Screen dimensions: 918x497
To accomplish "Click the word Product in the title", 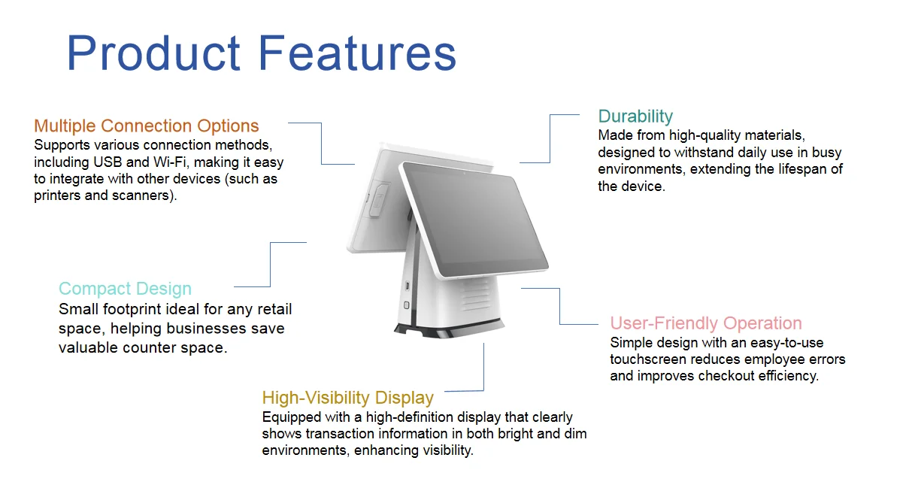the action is pyautogui.click(x=153, y=53).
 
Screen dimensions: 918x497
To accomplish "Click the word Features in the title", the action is pyautogui.click(x=357, y=53).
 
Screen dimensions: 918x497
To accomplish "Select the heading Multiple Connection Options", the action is pyautogui.click(x=147, y=126).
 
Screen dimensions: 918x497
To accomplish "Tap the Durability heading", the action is pyautogui.click(x=635, y=117).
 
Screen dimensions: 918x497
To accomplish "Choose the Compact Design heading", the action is pyautogui.click(x=125, y=289).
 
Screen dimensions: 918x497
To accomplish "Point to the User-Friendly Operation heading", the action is pyautogui.click(x=706, y=323).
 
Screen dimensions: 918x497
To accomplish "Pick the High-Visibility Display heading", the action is pyautogui.click(x=347, y=398).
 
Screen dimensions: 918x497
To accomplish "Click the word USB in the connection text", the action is pyautogui.click(x=108, y=162).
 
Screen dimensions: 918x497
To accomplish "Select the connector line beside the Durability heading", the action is pyautogui.click(x=550, y=138).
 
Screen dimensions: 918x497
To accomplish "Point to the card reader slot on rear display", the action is pyautogui.click(x=379, y=200).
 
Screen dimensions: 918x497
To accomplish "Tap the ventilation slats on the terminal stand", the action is pyautogui.click(x=475, y=294).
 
